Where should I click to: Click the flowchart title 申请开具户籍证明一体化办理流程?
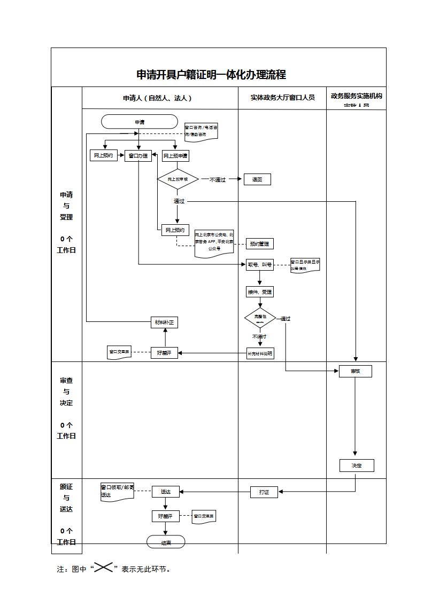[211, 75]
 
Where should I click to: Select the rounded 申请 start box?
[140, 122]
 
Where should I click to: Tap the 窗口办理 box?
[138, 156]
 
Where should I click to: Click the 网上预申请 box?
[175, 156]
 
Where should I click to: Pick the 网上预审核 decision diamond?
[178, 179]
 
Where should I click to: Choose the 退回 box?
[257, 179]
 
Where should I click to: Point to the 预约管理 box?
[259, 244]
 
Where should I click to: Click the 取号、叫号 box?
[259, 264]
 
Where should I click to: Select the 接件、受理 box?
[260, 292]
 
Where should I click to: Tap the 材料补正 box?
[164, 322]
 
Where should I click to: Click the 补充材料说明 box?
[260, 353]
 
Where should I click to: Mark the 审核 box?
[355, 371]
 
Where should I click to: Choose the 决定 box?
[357, 466]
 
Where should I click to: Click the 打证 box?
[264, 492]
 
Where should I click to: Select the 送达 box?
[166, 492]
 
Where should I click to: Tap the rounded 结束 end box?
[166, 542]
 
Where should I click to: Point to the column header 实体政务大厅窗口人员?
[282, 98]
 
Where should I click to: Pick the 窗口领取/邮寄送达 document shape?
[117, 492]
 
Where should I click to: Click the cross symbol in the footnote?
[103, 568]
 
